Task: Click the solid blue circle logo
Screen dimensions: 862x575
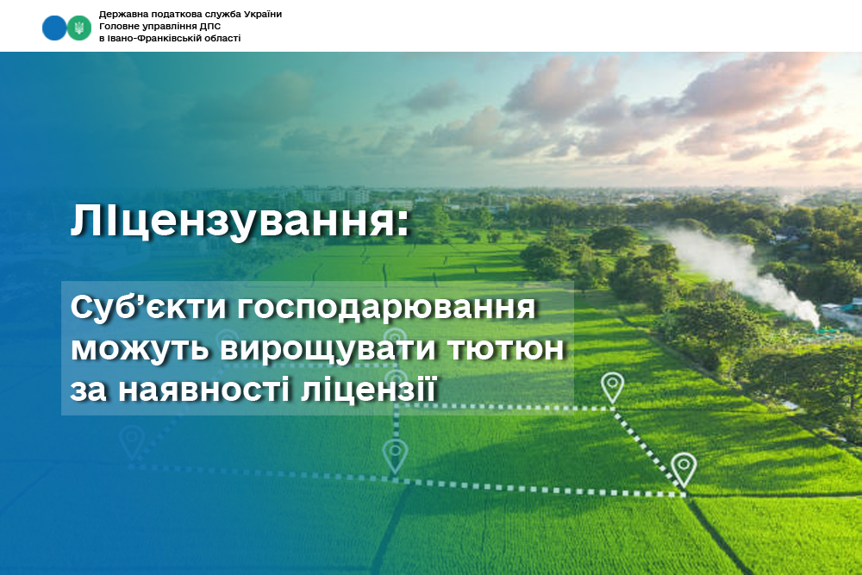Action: (x=53, y=28)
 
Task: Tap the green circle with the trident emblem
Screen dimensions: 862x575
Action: (x=79, y=28)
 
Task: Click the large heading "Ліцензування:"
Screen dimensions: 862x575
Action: (x=240, y=222)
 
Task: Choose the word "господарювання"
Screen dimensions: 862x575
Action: (x=386, y=309)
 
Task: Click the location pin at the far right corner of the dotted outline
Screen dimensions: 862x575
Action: (x=684, y=470)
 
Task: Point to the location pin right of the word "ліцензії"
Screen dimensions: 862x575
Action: (x=612, y=386)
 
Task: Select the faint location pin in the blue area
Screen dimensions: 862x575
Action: (x=132, y=442)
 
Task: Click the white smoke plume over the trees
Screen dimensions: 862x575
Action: (x=741, y=272)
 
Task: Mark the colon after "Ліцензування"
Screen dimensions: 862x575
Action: (x=404, y=225)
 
